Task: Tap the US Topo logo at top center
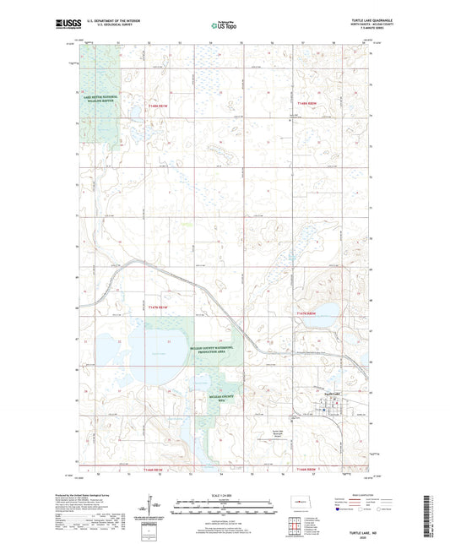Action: pyautogui.click(x=225, y=26)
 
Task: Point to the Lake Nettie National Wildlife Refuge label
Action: pyautogui.click(x=100, y=101)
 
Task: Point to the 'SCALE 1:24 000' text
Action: pyautogui.click(x=225, y=494)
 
